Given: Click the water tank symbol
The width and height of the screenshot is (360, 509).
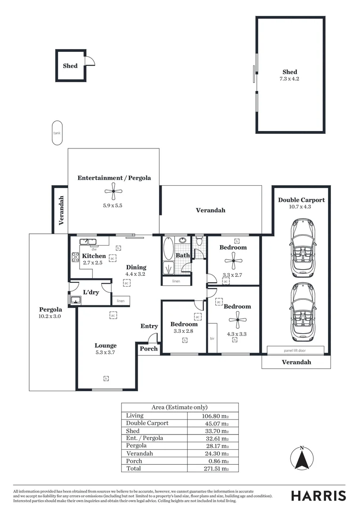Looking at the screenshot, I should (57, 133).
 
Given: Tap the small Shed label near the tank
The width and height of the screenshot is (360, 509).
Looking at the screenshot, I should (70, 66).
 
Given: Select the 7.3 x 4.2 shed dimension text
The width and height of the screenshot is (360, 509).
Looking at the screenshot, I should (289, 79).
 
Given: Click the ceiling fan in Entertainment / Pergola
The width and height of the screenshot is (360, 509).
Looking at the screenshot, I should (113, 191).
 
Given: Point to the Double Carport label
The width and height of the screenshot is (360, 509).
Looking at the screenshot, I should (301, 200).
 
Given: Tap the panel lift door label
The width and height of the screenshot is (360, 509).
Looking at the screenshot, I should (295, 350).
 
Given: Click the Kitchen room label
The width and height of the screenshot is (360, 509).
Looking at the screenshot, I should (94, 256).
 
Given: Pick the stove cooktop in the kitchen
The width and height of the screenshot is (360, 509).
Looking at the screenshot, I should (75, 257).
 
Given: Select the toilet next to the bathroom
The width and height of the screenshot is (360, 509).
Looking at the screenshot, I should (199, 242).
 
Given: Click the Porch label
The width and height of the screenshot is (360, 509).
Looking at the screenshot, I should (148, 349).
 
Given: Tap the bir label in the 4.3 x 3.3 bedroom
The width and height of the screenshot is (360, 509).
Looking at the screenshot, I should (213, 339).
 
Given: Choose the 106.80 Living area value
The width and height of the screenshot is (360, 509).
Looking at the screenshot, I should (215, 416).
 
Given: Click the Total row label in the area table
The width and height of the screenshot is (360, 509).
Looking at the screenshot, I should (133, 468).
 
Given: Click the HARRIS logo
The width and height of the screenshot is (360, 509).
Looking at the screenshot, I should (318, 495).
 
